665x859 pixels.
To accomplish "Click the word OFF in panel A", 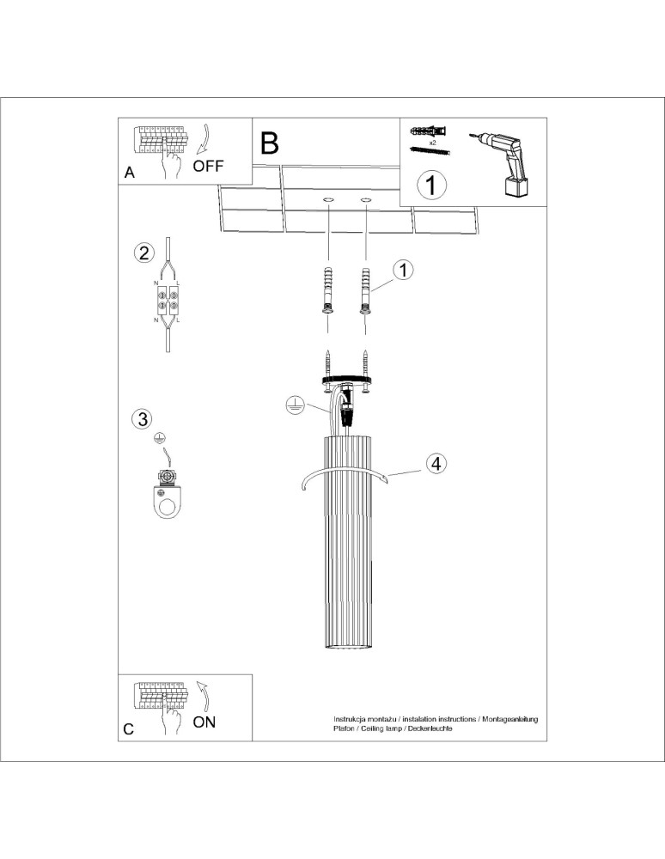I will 208,167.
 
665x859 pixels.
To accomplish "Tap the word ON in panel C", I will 204,722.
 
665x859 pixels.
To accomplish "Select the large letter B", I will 269,143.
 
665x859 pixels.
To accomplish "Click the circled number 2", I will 143,253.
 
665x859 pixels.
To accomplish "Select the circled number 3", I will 143,419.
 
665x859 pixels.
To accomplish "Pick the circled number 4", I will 436,464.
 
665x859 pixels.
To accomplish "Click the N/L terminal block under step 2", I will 167,301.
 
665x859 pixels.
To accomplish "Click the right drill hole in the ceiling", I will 367,201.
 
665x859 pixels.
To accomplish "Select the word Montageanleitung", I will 510,718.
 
